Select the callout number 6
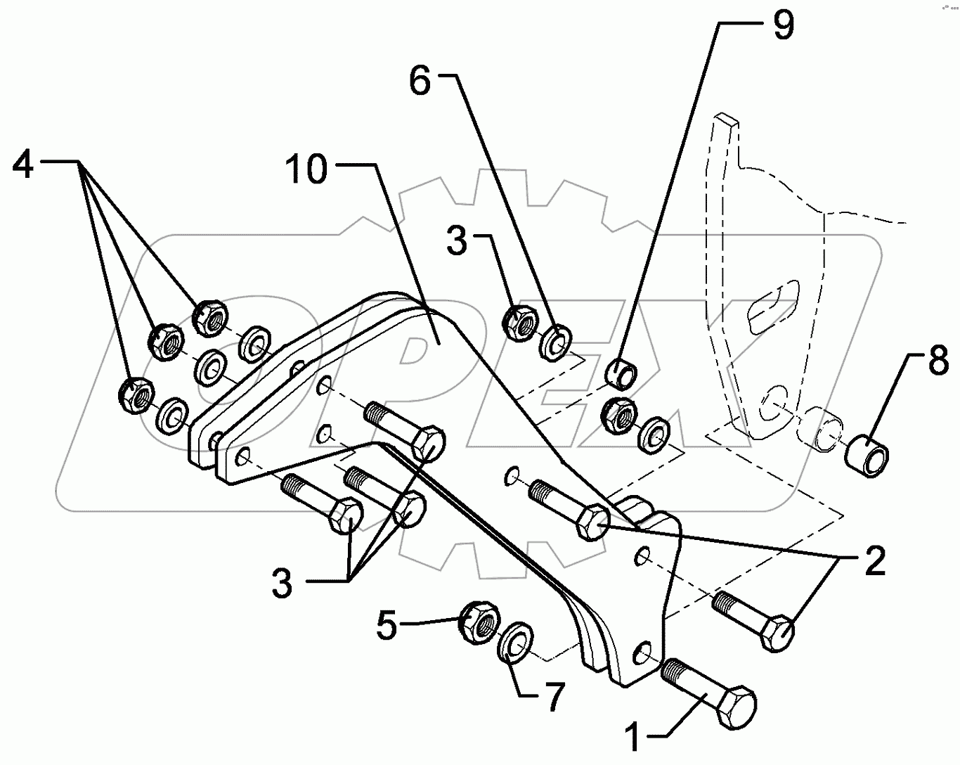420,83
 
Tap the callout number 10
307,171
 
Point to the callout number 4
24,165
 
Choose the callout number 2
875,562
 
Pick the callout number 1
634,740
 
